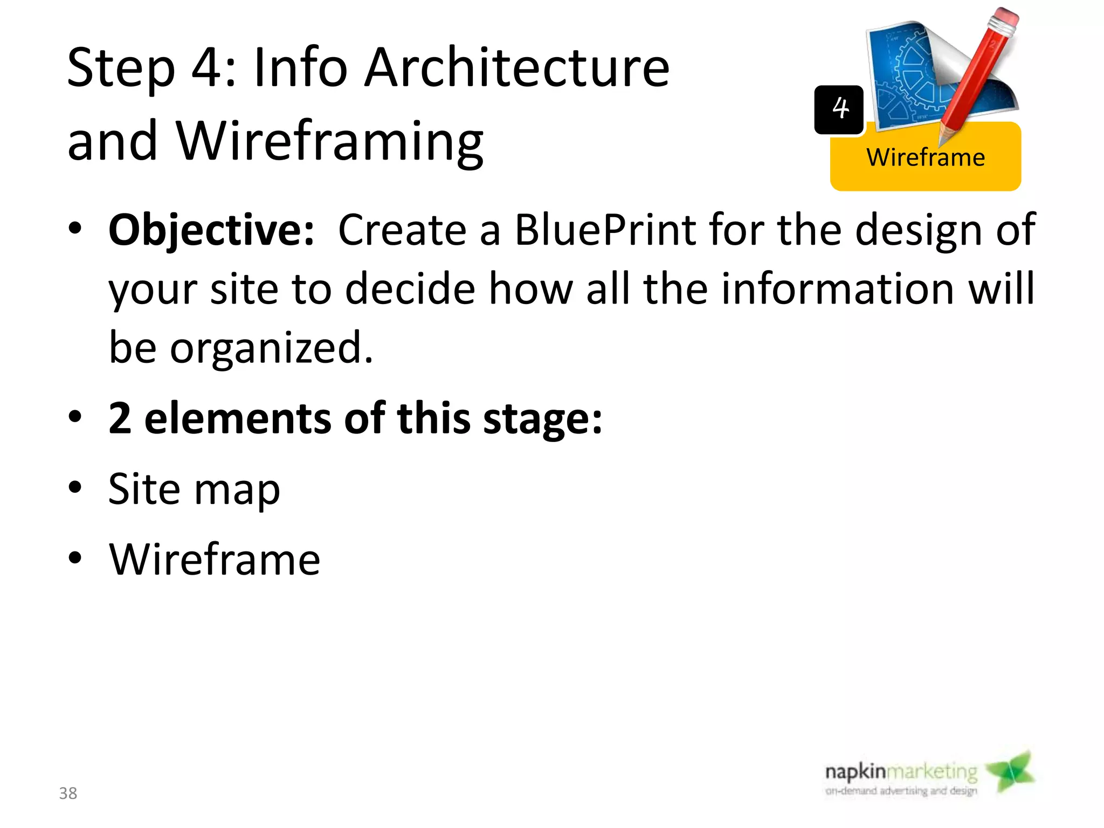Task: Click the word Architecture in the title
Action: (x=516, y=68)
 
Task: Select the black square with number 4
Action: (x=839, y=109)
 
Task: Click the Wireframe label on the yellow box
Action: (x=925, y=158)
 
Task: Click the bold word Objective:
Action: (x=211, y=230)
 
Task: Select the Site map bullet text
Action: (x=194, y=489)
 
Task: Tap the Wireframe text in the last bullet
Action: (x=215, y=560)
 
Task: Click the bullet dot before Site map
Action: (x=75, y=488)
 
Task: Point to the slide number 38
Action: (x=68, y=793)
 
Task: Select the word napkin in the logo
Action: (x=855, y=772)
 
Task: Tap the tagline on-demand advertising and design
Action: (x=901, y=791)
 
